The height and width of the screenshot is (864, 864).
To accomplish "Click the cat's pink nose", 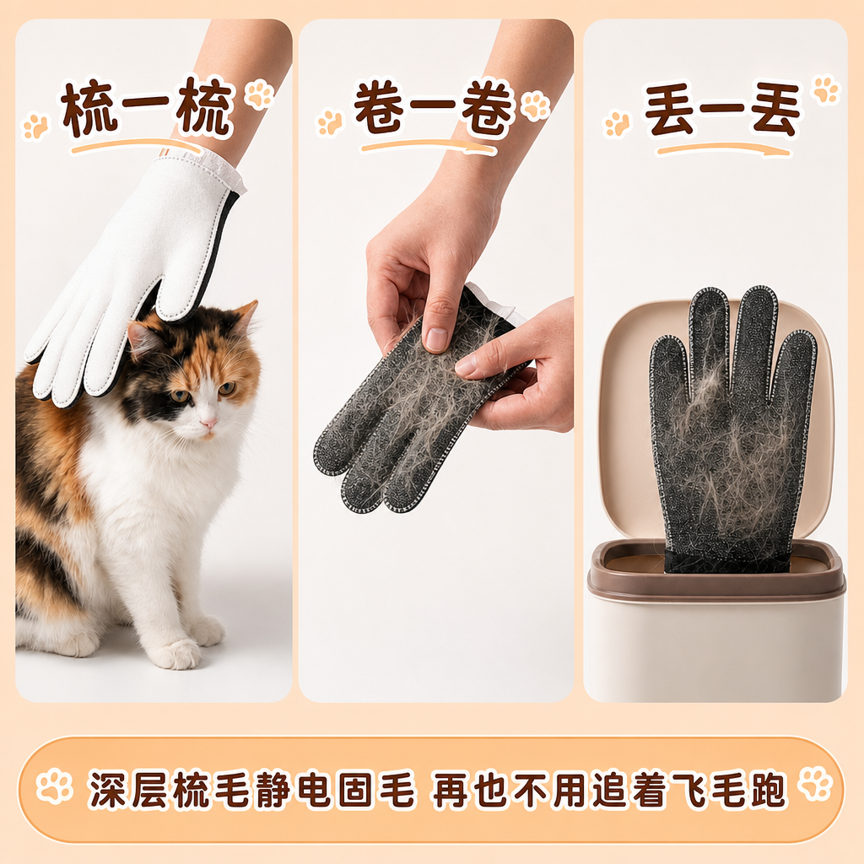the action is (x=209, y=423).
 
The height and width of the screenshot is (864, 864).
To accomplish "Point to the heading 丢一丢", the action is (x=723, y=109).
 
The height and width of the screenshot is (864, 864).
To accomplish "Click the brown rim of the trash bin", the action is (x=716, y=570).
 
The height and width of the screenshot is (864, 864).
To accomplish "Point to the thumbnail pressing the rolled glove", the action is (x=436, y=338).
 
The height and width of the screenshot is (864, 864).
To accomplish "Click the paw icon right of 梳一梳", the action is (x=259, y=93).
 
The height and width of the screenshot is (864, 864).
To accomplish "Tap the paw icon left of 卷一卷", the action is (x=330, y=121).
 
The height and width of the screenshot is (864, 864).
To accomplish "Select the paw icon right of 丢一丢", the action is (x=827, y=89).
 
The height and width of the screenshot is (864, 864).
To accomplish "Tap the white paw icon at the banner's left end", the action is (x=54, y=785).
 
